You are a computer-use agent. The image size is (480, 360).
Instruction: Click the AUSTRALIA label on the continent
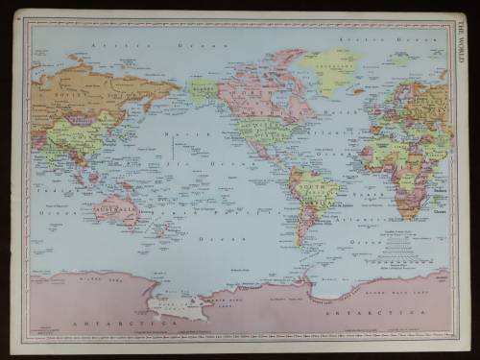[117, 202]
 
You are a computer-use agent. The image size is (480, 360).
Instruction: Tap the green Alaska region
[203, 91]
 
